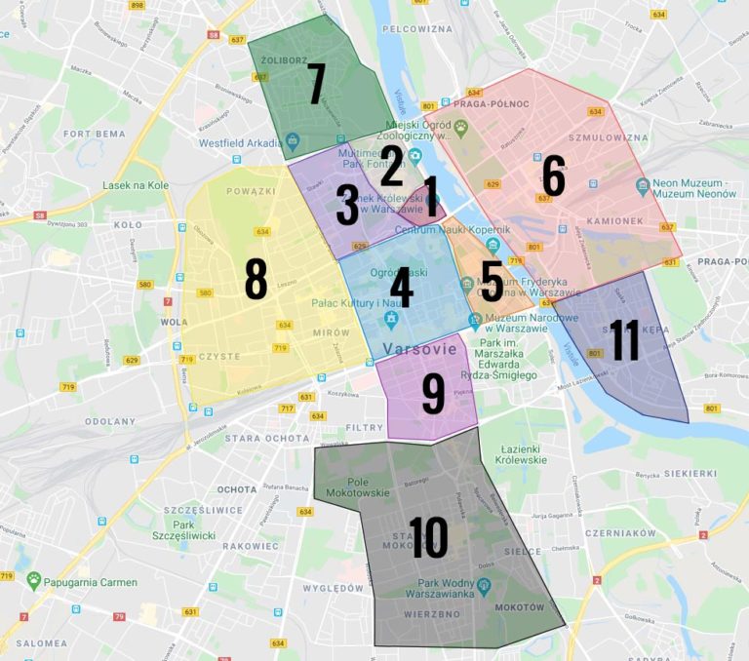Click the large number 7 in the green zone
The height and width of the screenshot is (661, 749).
point(315,84)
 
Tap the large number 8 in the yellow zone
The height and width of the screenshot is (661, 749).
point(256,279)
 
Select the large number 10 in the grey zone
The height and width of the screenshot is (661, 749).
point(428,537)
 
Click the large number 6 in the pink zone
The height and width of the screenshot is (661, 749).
point(553,176)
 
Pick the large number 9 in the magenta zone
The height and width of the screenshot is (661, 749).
point(433,392)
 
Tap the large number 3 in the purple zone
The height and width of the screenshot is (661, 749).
point(347,205)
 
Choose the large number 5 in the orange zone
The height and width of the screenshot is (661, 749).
point(492,281)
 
